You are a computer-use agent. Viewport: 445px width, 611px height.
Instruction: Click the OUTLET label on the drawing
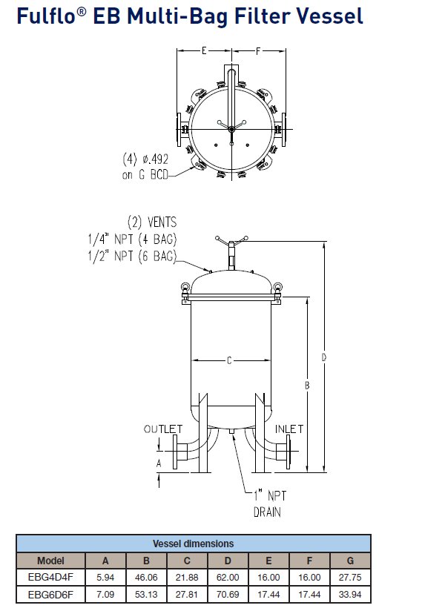point(162,429)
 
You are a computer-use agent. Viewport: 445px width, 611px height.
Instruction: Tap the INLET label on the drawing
point(289,429)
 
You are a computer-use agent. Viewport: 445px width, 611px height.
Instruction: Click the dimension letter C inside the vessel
point(230,360)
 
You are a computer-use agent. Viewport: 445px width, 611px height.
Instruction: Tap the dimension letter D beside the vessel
point(324,357)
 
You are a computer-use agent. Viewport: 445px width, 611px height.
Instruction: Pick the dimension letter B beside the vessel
point(307,385)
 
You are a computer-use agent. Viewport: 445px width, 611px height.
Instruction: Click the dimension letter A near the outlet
point(158,462)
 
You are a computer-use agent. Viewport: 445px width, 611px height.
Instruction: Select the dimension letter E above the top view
point(203,51)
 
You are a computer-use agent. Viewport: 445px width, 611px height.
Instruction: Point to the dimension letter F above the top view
point(257,51)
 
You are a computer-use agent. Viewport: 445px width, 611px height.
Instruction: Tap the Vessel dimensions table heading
point(193,544)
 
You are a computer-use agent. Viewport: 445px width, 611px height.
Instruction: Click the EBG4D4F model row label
point(50,577)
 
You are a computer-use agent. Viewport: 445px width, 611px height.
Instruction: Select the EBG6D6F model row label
point(50,593)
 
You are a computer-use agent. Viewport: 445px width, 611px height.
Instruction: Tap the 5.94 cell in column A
point(105,577)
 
